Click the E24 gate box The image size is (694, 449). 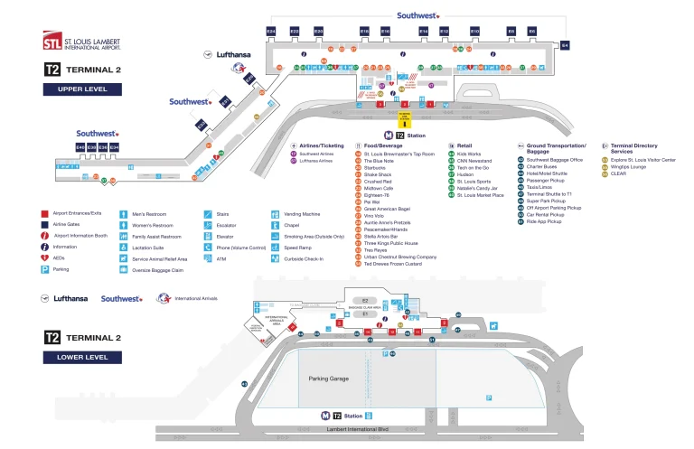(271, 32)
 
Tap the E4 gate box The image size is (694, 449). (566, 44)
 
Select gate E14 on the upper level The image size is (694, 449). (423, 32)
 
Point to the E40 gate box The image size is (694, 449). (80, 146)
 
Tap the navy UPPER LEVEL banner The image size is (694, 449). (82, 89)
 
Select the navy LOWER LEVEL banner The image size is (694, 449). (82, 357)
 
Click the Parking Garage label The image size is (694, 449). (329, 379)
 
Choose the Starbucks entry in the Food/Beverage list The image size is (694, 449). (377, 167)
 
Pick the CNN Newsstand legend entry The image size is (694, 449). (474, 161)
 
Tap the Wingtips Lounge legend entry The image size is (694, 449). (630, 167)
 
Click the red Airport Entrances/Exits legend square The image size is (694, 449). (44, 214)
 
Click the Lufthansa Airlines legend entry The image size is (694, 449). (318, 161)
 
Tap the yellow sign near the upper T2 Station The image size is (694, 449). (405, 117)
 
